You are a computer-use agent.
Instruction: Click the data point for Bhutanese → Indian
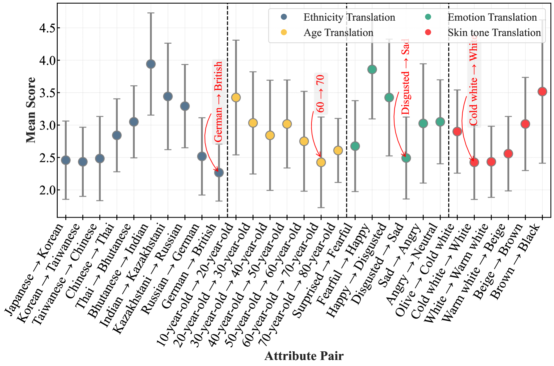151,64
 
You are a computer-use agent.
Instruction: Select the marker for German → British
219,173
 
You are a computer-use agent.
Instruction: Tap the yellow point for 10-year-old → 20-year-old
236,98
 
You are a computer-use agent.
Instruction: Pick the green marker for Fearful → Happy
372,70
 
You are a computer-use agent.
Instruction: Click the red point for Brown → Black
542,92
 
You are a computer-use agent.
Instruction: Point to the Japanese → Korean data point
66,160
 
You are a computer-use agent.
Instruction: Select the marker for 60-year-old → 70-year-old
321,162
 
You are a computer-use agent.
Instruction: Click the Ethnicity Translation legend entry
349,17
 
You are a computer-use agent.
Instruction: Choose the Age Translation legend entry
338,33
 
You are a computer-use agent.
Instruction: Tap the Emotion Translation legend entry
492,17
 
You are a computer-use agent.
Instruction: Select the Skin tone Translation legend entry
494,33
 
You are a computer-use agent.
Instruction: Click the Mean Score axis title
31,110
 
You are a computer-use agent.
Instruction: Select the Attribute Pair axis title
304,356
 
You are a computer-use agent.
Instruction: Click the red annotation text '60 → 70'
320,94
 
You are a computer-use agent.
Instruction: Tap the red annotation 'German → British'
218,102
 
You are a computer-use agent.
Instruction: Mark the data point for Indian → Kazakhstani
168,97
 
